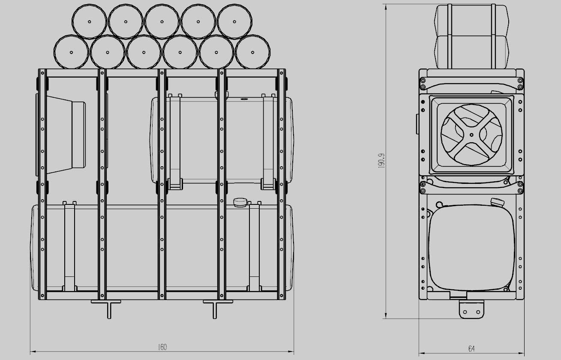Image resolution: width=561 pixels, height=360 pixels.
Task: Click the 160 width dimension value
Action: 162,347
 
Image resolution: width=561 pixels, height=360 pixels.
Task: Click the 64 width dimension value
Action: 471,348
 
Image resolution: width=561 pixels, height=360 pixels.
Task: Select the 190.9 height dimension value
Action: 381,160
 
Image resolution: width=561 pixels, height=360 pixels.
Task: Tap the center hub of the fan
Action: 471,135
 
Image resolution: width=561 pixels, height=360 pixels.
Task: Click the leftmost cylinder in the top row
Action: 90,21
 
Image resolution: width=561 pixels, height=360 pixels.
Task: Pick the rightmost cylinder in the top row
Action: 234,21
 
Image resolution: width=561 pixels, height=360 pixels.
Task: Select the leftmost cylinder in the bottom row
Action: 72,52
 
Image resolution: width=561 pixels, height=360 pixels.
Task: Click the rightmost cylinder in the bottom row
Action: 252,52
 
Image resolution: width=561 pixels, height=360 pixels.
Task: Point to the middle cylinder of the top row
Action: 162,21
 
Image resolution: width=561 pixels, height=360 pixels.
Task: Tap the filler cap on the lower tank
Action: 240,202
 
